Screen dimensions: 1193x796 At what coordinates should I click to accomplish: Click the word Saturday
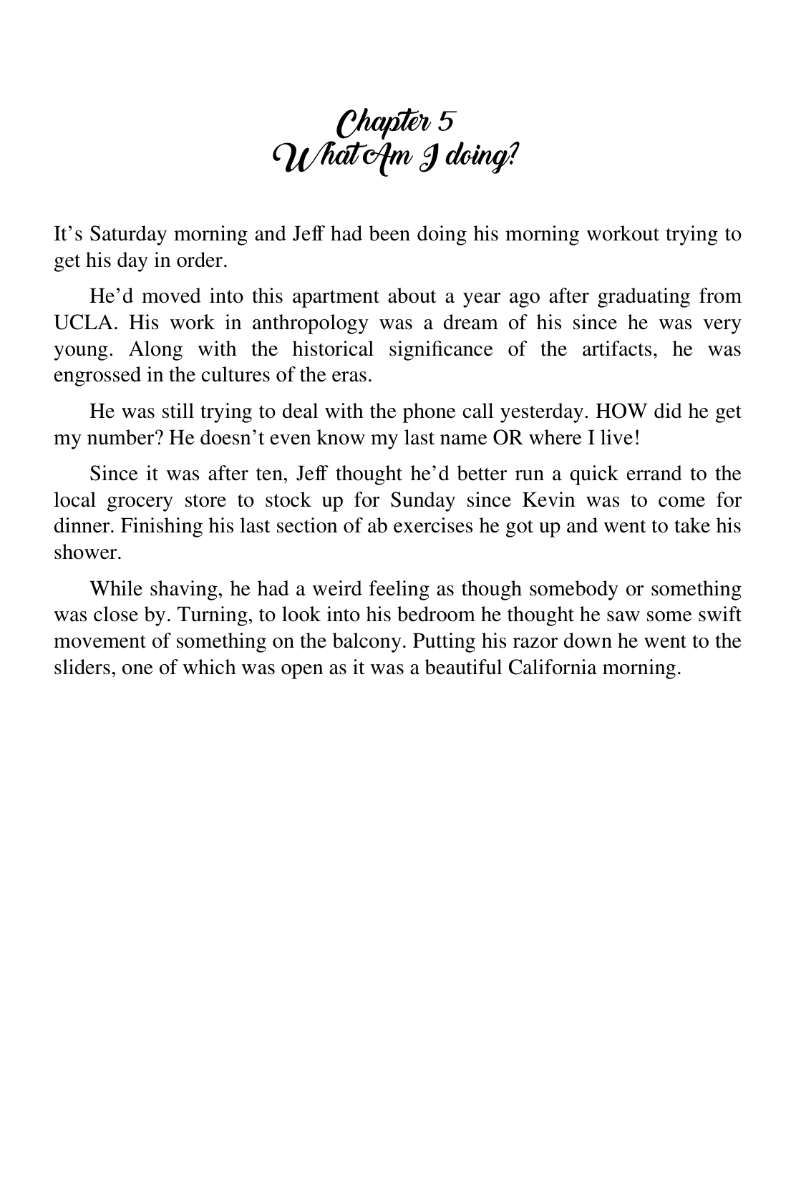(x=129, y=234)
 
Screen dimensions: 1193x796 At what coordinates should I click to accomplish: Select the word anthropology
(x=310, y=323)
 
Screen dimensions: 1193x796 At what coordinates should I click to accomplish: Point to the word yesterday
(x=540, y=412)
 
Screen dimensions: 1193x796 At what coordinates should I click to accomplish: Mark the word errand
(x=641, y=474)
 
